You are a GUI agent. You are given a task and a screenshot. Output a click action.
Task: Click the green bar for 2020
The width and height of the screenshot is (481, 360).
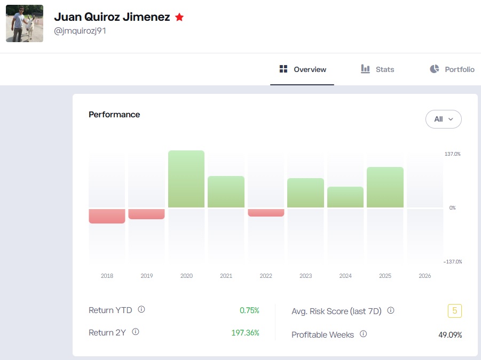click(186, 179)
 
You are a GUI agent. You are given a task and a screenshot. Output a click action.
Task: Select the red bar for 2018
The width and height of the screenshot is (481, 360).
click(107, 215)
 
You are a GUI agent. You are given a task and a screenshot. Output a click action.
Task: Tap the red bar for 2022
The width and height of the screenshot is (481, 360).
click(266, 212)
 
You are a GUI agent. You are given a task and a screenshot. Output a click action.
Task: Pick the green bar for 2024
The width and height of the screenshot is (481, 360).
click(345, 197)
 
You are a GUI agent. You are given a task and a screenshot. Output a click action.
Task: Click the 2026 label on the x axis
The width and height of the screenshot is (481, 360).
click(424, 276)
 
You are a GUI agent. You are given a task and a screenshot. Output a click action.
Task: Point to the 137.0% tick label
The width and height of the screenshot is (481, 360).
click(452, 154)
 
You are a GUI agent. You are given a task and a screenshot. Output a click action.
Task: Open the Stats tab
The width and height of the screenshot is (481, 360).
click(377, 69)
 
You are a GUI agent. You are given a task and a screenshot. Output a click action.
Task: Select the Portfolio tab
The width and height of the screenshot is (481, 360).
click(452, 69)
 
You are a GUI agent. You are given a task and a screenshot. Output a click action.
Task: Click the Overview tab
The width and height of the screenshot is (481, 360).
click(303, 69)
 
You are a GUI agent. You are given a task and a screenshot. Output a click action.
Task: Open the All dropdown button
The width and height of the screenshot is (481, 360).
click(443, 119)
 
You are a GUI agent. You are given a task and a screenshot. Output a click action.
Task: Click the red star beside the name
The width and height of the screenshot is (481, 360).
click(179, 17)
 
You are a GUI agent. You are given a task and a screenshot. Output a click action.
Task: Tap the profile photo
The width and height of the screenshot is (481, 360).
click(25, 23)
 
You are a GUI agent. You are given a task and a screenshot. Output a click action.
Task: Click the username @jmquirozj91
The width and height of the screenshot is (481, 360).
click(80, 30)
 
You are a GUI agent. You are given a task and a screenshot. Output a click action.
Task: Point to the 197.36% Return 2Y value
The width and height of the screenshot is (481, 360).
click(245, 332)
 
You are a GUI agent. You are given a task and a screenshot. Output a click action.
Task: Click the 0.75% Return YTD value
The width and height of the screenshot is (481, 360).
click(249, 310)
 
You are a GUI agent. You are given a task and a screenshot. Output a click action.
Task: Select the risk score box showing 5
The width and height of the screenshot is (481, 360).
click(454, 310)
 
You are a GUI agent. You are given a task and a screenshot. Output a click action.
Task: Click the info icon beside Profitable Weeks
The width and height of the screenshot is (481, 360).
click(363, 334)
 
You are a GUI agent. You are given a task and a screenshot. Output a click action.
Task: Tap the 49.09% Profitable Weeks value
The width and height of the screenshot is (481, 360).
click(450, 335)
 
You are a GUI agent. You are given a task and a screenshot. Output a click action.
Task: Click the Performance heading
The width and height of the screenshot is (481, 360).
click(114, 114)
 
